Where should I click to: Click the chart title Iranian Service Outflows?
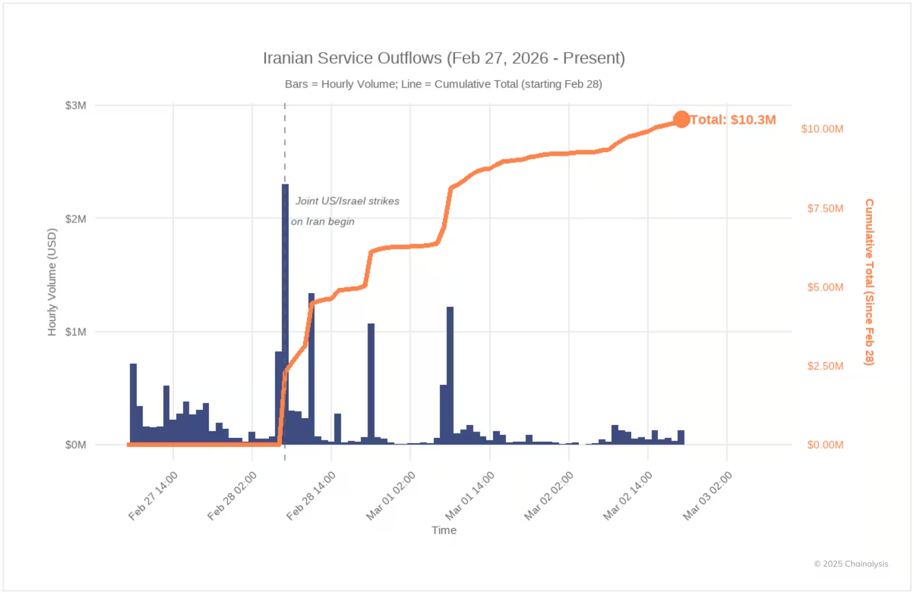[444, 58]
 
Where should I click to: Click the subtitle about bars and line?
[443, 84]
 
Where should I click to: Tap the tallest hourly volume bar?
[285, 314]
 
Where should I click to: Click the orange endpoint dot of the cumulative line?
[682, 119]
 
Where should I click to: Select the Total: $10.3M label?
[733, 119]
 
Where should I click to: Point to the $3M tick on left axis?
[76, 105]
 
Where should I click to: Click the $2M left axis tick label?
[76, 219]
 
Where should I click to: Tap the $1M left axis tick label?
[76, 332]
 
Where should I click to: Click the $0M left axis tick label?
[76, 445]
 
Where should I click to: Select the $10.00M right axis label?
[822, 129]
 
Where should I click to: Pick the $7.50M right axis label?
[825, 208]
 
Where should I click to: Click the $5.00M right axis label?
[825, 287]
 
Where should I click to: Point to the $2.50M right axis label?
[825, 366]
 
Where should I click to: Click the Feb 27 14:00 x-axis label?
[153, 495]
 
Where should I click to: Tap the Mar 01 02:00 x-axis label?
[391, 495]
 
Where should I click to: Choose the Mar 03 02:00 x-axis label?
[707, 495]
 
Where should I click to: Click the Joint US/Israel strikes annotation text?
[347, 201]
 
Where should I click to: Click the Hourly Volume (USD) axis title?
[52, 282]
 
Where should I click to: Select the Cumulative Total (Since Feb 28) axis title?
[869, 282]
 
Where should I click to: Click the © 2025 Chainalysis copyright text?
[851, 564]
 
